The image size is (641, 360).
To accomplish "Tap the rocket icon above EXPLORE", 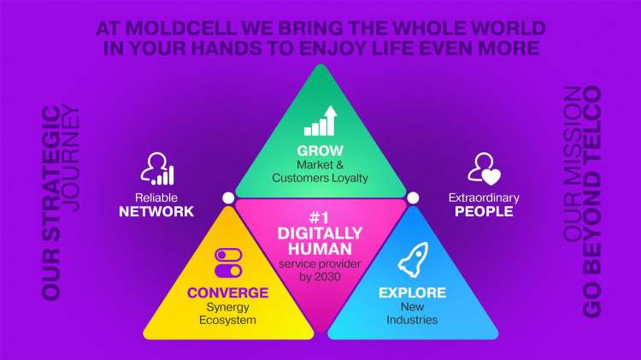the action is (414, 259).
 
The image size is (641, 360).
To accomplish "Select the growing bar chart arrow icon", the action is (320, 121).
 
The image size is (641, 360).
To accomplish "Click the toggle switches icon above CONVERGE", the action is (228, 263).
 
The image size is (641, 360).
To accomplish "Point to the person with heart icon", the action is (485, 168).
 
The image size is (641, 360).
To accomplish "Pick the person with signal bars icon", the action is (157, 168).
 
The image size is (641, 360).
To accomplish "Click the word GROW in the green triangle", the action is (320, 150).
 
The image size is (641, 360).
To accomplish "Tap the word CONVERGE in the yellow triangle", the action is (227, 292).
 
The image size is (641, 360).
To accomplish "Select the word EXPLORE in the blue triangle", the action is (413, 292).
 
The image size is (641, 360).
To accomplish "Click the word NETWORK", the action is (156, 211).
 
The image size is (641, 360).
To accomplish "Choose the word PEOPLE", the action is (484, 211).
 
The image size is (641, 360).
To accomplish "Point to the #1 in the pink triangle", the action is (320, 217).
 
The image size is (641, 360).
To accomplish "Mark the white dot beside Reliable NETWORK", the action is (228, 198).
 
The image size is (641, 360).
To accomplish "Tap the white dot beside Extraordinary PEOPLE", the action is (413, 198).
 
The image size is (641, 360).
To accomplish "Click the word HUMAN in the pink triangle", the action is (320, 249).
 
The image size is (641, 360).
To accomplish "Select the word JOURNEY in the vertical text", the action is (70, 158).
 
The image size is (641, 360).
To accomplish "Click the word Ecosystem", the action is (227, 320).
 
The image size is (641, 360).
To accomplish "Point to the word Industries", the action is (412, 320).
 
